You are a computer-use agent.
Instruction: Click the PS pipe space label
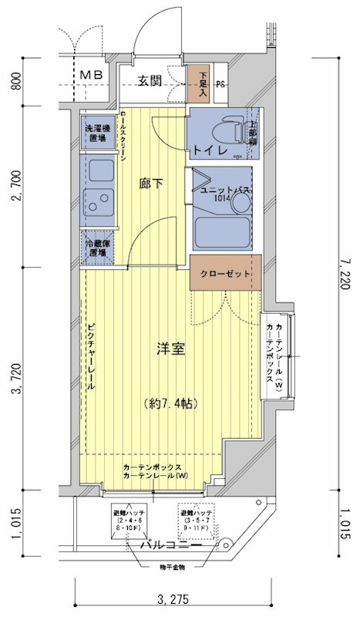220,85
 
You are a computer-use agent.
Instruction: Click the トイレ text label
210,150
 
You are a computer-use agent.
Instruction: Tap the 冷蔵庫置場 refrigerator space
96,247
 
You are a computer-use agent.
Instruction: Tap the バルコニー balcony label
171,545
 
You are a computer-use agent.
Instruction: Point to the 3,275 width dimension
173,599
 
